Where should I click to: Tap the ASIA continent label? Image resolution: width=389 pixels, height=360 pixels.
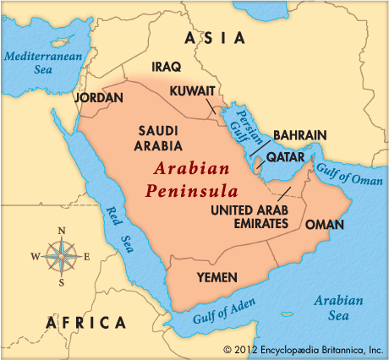(x=216, y=38)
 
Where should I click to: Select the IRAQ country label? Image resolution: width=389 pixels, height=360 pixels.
(x=167, y=66)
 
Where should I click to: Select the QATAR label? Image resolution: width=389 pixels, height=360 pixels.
(x=285, y=157)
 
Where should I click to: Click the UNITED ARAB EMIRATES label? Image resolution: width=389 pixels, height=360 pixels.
(x=249, y=216)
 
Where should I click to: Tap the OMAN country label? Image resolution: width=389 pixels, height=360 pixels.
(x=324, y=224)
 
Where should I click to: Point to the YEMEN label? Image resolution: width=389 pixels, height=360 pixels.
(x=215, y=276)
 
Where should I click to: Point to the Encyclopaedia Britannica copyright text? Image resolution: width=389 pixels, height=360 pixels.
(x=304, y=348)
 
